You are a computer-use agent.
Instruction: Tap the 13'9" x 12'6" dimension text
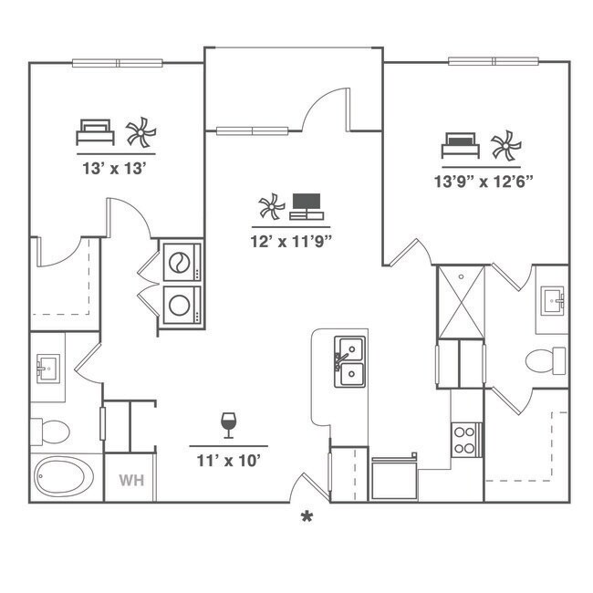[484, 181]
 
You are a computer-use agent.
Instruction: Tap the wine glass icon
[228, 425]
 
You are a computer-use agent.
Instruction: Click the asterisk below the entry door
[307, 517]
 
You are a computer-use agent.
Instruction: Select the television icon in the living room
[306, 206]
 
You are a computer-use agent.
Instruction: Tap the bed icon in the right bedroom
[461, 145]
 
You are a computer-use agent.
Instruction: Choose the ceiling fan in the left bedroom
[140, 133]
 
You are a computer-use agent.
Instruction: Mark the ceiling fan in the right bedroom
[505, 145]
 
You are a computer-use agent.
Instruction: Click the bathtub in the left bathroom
[62, 477]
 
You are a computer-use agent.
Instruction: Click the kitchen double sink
[349, 361]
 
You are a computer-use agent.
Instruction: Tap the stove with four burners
[466, 439]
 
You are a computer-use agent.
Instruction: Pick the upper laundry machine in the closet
[182, 262]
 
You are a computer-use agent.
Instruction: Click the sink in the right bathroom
[553, 300]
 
